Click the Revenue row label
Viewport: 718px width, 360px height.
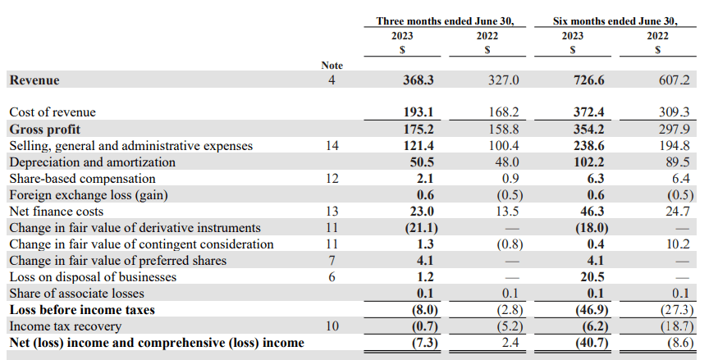34,80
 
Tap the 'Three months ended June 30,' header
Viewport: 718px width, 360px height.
445,21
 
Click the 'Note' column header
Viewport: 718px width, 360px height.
332,65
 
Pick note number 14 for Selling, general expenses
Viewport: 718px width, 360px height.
332,146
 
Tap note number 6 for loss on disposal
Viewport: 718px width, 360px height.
332,277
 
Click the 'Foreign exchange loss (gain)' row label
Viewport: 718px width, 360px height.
87,195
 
